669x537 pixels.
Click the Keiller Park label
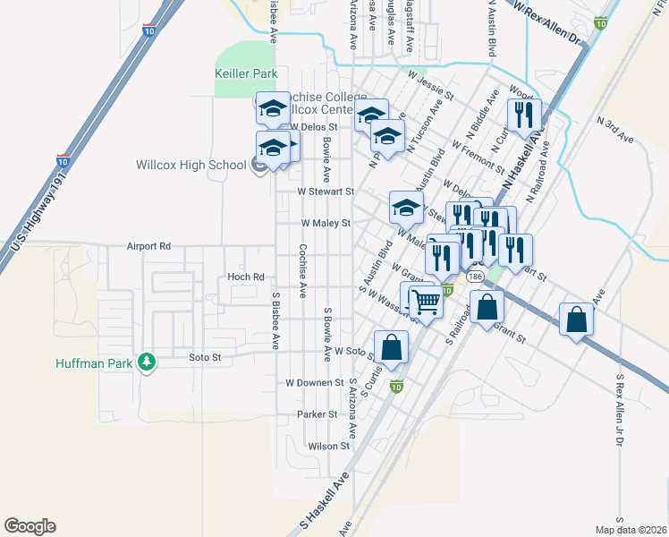click(x=246, y=73)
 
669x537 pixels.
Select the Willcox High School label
click(x=190, y=165)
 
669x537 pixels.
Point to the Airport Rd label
click(x=148, y=245)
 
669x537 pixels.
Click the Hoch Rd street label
click(x=246, y=277)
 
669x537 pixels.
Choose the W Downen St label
click(x=315, y=382)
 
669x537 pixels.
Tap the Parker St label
click(x=318, y=414)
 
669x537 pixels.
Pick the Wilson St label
click(x=328, y=446)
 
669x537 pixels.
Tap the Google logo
click(x=30, y=526)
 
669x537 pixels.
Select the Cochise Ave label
click(x=303, y=270)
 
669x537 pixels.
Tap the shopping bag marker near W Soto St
click(x=391, y=346)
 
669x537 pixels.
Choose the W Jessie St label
click(x=431, y=86)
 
